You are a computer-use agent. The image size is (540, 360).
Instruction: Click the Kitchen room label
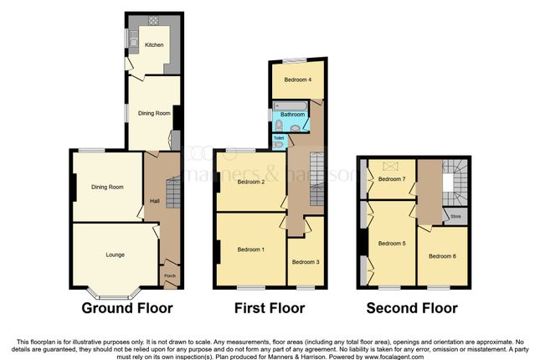pyautogui.click(x=153, y=45)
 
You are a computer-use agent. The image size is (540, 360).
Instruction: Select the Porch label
pyautogui.click(x=170, y=276)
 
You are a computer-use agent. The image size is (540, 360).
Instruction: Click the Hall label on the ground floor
pyautogui.click(x=154, y=201)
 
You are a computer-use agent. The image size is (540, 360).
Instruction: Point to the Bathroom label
pyautogui.click(x=293, y=115)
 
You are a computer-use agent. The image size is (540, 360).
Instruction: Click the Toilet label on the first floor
pyautogui.click(x=277, y=137)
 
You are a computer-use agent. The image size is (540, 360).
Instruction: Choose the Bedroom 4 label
pyautogui.click(x=297, y=80)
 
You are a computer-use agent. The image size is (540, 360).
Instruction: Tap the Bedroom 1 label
pyautogui.click(x=250, y=249)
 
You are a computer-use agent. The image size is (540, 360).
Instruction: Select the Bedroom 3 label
pyautogui.click(x=306, y=262)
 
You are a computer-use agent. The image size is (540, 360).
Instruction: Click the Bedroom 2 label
pyautogui.click(x=250, y=182)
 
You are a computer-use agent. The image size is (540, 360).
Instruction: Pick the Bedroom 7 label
pyautogui.click(x=392, y=179)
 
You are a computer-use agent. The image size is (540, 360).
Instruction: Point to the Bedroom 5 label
pyautogui.click(x=392, y=244)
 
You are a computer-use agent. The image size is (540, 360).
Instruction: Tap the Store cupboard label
pyautogui.click(x=455, y=217)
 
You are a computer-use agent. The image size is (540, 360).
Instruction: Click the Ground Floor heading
pyautogui.click(x=127, y=308)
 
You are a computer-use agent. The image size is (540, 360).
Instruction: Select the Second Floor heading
pyautogui.click(x=412, y=308)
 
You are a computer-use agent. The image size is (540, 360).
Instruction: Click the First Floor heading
pyautogui.click(x=269, y=308)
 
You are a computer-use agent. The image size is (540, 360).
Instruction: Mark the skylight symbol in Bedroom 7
pyautogui.click(x=388, y=166)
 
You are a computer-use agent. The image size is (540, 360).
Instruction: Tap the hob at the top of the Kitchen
pyautogui.click(x=153, y=20)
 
